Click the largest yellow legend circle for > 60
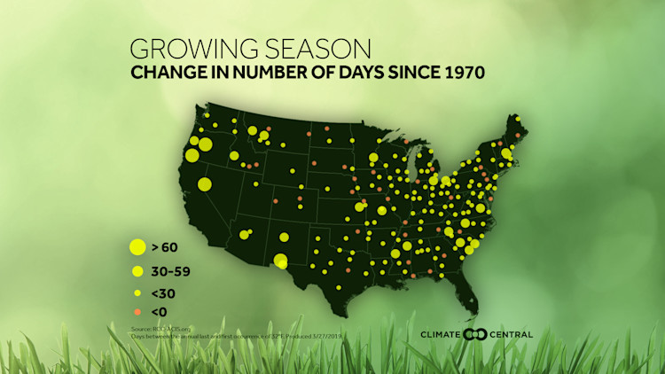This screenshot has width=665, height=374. click(x=137, y=247)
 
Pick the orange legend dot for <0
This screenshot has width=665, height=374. click(x=137, y=312)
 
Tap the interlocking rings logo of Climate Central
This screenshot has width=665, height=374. click(x=476, y=334)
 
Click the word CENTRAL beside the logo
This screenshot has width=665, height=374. click(x=512, y=334)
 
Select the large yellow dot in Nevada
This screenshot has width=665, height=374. click(x=205, y=184)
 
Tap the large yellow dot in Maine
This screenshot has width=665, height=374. click(x=505, y=152)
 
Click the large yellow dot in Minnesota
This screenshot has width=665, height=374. click(x=373, y=158)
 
